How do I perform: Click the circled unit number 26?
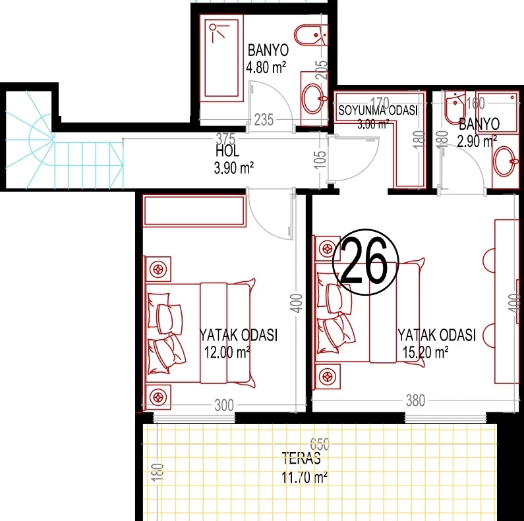coord(366,262)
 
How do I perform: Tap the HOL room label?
coord(227,151)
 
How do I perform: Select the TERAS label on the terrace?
coord(301,458)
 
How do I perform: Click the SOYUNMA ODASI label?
coord(378,110)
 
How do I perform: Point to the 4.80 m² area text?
coord(266,67)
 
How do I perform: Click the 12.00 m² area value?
coord(227,352)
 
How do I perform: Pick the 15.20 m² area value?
coord(425,352)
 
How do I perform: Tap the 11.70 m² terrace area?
coord(304,478)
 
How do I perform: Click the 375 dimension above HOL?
coord(225,138)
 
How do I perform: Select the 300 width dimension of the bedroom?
coord(224,406)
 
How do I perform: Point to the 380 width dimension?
coord(415,400)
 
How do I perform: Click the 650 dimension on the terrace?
coord(320,444)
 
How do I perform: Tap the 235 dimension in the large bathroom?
coord(264,120)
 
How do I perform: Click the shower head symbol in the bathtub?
coord(218,31)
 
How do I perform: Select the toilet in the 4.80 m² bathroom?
coord(311,35)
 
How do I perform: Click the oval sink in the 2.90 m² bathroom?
coord(505,161)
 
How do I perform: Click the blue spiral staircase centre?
coord(53,140)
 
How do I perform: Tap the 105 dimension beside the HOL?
coord(320,159)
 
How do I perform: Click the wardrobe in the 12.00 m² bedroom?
coord(194,211)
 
